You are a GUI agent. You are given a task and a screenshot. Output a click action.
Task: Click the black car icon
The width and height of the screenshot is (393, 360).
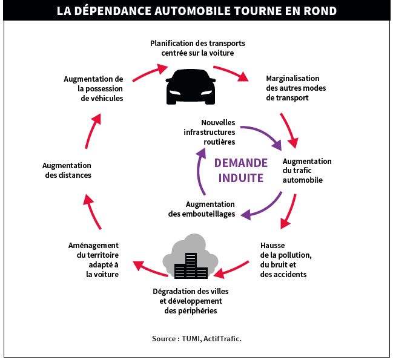click(191, 87)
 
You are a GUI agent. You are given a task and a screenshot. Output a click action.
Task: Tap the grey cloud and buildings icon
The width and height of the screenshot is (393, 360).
click(191, 257)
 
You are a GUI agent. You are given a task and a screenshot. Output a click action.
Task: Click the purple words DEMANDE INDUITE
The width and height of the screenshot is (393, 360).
click(241, 171)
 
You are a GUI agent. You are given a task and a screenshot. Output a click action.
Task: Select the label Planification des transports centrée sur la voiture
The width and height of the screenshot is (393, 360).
click(197, 48)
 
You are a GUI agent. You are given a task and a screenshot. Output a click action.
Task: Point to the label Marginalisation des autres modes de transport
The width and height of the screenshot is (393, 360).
click(296, 88)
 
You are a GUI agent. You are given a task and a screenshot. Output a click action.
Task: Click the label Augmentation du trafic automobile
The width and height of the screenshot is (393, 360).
click(307, 171)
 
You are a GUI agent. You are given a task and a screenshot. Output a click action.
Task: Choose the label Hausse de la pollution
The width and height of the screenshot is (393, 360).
click(286, 260)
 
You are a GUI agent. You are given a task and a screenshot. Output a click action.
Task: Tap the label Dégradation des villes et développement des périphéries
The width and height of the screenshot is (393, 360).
click(191, 301)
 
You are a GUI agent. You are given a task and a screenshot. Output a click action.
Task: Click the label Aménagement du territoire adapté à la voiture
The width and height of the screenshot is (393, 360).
click(93, 260)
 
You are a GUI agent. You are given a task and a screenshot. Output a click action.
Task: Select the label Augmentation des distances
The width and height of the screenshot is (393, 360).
click(67, 170)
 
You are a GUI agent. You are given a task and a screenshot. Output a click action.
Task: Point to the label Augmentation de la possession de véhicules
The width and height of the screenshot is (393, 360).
click(93, 88)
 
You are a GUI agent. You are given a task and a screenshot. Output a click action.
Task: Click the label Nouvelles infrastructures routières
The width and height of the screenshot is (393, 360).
click(210, 132)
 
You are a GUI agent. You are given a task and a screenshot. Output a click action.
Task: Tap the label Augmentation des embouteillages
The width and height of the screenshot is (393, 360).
click(202, 209)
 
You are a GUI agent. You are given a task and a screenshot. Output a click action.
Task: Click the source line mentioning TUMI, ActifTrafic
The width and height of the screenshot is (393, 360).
click(196, 339)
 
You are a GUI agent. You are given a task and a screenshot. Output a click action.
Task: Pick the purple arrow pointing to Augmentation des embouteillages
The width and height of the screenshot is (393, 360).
click(266, 209)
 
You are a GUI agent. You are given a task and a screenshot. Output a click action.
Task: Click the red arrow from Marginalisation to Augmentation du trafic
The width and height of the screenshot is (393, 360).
click(289, 129)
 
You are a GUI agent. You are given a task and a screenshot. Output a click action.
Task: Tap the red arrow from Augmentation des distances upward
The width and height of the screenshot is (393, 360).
click(91, 131)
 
